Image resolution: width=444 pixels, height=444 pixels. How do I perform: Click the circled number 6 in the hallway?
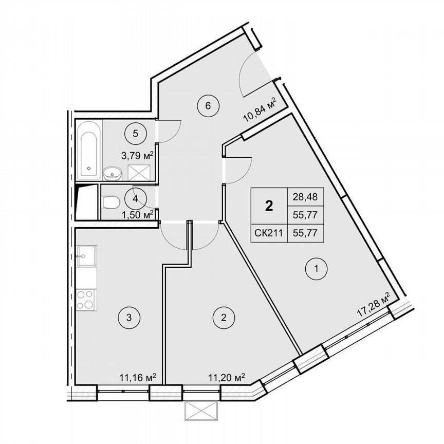[208, 106]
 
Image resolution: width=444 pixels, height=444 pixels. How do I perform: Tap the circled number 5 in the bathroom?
[135, 134]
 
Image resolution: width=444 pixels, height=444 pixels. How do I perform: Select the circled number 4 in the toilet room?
[135, 198]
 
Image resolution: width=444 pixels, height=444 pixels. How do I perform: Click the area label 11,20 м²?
[226, 378]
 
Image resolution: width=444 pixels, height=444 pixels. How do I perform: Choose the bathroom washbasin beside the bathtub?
[112, 174]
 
